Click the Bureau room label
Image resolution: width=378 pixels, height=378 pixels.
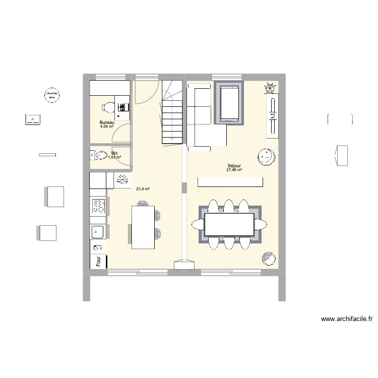pyautogui.click(x=107, y=123)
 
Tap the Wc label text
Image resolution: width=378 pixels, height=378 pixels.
pyautogui.click(x=115, y=153)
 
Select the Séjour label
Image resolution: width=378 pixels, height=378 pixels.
pyautogui.click(x=234, y=166)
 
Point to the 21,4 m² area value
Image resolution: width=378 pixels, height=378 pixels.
pyautogui.click(x=143, y=189)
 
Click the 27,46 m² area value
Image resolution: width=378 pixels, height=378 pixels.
pyautogui.click(x=234, y=170)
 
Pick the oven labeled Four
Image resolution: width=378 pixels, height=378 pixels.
pyautogui.click(x=98, y=261)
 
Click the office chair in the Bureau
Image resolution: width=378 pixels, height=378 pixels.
pyautogui.click(x=107, y=107)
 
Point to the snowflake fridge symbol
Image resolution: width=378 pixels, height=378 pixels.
pyautogui.click(x=122, y=180)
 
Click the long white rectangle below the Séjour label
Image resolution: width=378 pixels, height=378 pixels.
pyautogui.click(x=230, y=182)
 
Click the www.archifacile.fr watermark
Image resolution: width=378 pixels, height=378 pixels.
pyautogui.click(x=346, y=319)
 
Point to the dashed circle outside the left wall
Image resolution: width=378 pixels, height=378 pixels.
pyautogui.click(x=51, y=94)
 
